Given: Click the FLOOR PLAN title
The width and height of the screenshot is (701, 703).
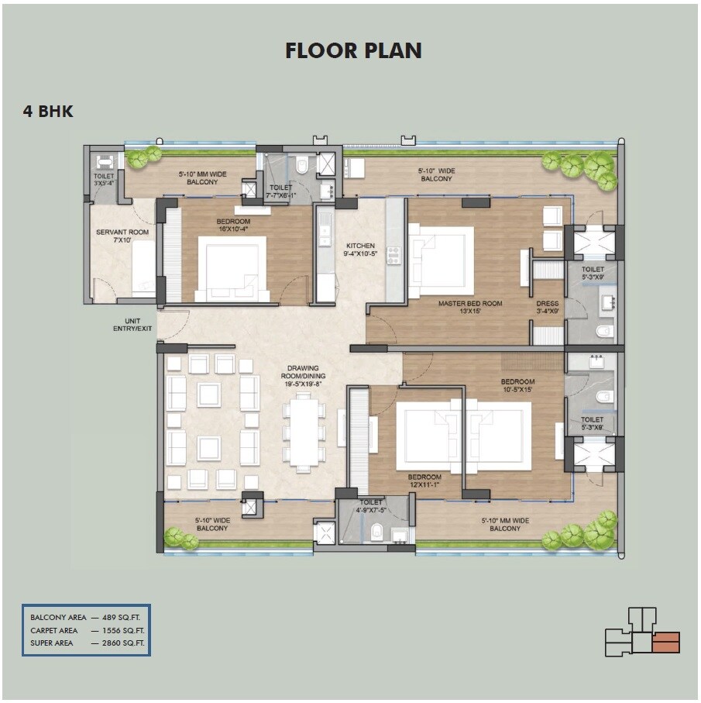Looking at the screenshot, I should pyautogui.click(x=353, y=51).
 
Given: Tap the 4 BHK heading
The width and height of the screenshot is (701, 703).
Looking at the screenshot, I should pyautogui.click(x=48, y=112).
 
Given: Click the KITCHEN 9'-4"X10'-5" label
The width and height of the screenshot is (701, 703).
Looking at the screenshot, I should pyautogui.click(x=360, y=249).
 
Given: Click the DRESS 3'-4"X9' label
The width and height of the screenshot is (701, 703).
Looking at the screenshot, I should pyautogui.click(x=548, y=308).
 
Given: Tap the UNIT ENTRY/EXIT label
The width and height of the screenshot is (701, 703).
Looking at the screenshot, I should pyautogui.click(x=132, y=325).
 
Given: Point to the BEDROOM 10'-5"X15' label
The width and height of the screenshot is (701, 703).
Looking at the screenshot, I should pyautogui.click(x=517, y=385).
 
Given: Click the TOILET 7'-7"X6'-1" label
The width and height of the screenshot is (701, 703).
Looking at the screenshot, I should pyautogui.click(x=281, y=191).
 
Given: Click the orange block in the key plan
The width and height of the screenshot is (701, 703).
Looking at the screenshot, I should pyautogui.click(x=666, y=643).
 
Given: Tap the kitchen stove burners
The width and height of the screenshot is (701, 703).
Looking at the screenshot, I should pyautogui.click(x=393, y=255).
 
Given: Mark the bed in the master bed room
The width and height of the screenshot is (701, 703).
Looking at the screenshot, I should pyautogui.click(x=442, y=260).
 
